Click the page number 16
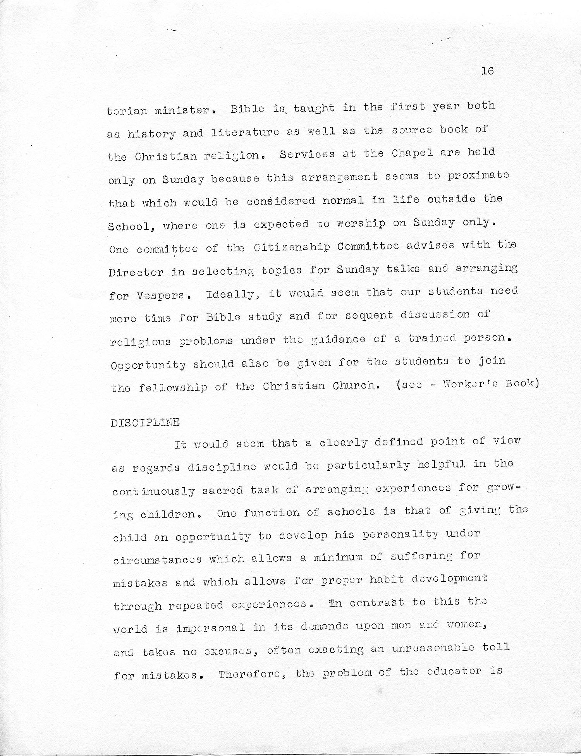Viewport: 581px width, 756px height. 487,71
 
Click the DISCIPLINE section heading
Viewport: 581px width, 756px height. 145,422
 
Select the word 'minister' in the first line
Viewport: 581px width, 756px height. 182,110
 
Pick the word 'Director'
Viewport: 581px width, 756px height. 136,272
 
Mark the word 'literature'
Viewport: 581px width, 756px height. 245,132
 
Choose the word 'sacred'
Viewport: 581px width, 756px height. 222,490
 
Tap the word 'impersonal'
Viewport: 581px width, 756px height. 210,628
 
